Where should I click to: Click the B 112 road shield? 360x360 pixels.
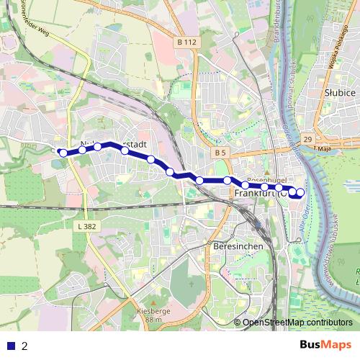[x=186, y=42]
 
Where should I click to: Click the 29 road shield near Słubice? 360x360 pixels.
[x=307, y=138]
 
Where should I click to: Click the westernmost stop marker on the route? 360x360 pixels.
[x=63, y=153]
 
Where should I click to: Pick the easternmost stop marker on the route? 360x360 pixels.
[x=300, y=192]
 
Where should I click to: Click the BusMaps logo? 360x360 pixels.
[x=325, y=346]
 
